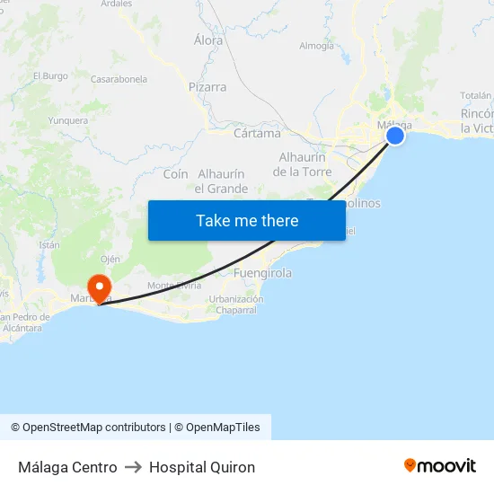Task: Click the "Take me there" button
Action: pos(247,221)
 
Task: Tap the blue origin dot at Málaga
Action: pos(395,136)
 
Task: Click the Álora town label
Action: pos(208,40)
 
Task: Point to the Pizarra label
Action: pos(207,88)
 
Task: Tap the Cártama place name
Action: pos(257,134)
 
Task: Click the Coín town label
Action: pos(175,174)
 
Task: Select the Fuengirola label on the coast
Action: pos(262,273)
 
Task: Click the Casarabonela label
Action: pos(119,79)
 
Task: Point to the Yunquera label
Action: pos(68,120)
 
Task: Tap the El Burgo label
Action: pos(50,76)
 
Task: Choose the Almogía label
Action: pos(316,46)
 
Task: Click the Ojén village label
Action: pos(110,259)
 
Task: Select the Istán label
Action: pos(49,244)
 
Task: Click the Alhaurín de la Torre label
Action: pos(302,164)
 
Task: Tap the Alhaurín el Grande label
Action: pos(221,181)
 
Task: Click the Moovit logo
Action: pos(440,466)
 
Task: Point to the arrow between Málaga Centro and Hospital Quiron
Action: pos(133,467)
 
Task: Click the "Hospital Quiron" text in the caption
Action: pos(202,467)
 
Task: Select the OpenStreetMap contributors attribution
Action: pos(88,428)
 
